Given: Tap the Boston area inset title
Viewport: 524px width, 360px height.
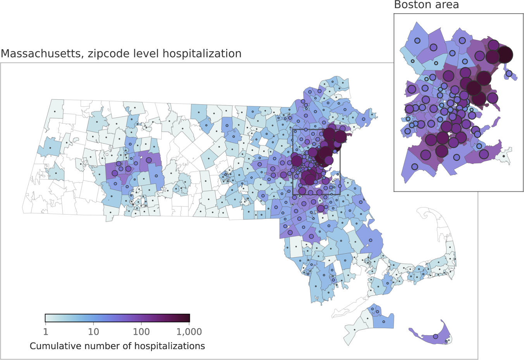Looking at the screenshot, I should tap(426, 5).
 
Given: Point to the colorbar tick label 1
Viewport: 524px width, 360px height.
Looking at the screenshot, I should tap(46, 332).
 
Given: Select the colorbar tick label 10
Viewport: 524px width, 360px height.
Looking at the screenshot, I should tap(93, 332).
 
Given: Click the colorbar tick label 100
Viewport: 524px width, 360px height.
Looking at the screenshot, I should tap(141, 332).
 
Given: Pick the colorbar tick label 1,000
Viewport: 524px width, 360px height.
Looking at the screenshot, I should tap(189, 332).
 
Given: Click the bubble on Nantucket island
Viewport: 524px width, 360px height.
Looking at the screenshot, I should tap(435, 336).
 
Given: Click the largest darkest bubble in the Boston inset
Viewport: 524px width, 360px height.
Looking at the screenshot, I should tap(505, 55).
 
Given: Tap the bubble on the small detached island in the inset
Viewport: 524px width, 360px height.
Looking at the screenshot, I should tap(509, 73).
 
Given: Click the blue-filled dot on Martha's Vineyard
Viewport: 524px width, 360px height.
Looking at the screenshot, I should tap(384, 322).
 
